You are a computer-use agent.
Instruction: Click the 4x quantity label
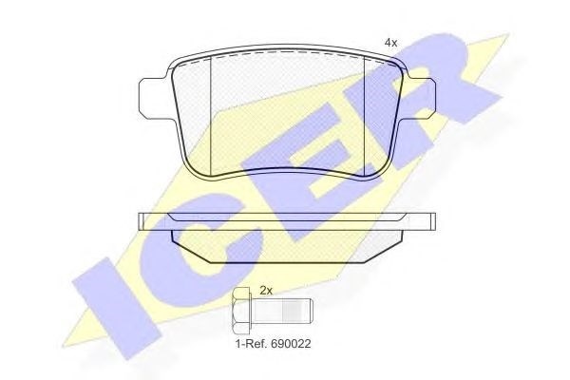(x=390, y=43)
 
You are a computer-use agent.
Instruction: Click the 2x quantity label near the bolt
(x=266, y=291)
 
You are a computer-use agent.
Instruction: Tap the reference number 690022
(x=290, y=344)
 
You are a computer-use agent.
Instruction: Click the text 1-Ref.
(x=251, y=344)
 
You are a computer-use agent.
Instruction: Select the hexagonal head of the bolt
(x=242, y=312)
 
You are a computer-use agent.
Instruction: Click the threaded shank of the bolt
(x=282, y=312)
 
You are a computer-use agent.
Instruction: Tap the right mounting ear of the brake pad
(x=420, y=99)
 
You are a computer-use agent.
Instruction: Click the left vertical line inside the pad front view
(x=211, y=116)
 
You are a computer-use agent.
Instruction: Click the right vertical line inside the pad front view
(x=364, y=116)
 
